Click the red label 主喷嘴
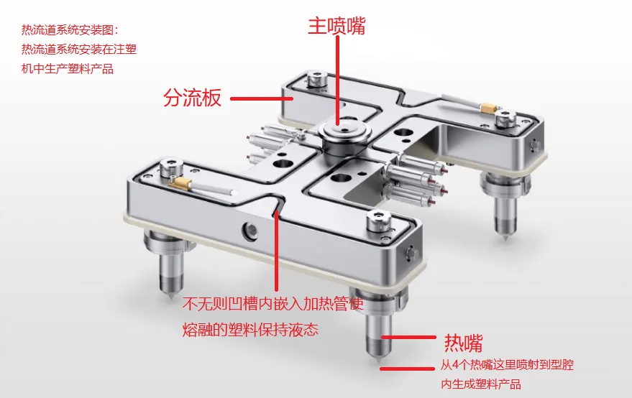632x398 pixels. [x=336, y=26]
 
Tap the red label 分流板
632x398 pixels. [x=192, y=98]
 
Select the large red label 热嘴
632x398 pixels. [x=463, y=343]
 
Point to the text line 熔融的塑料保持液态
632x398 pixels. [x=250, y=330]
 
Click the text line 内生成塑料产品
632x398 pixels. [x=481, y=384]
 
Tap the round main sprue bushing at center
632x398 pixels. [x=344, y=134]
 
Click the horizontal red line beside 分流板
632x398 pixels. [x=262, y=98]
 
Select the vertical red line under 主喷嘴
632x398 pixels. [x=337, y=80]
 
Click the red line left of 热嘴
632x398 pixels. [x=408, y=338]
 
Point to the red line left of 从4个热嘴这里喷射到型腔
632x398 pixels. [x=408, y=369]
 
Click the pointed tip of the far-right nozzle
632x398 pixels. [x=505, y=239]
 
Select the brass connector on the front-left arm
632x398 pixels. [x=179, y=183]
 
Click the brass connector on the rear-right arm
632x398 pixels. [x=489, y=108]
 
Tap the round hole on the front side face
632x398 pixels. [x=250, y=231]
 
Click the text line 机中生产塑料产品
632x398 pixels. [x=68, y=68]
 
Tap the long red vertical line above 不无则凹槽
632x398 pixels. [x=277, y=251]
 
